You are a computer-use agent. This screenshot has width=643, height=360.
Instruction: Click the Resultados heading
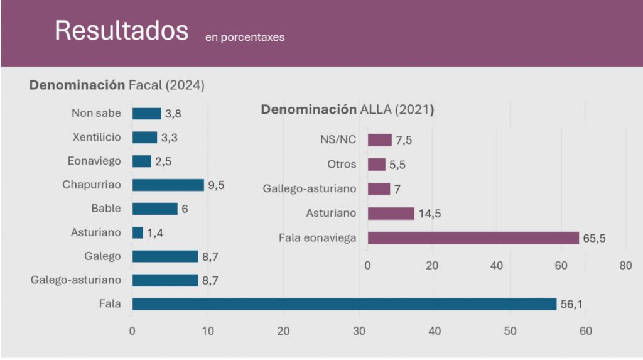pyautogui.click(x=121, y=31)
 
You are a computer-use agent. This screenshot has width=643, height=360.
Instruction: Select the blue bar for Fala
pyautogui.click(x=344, y=304)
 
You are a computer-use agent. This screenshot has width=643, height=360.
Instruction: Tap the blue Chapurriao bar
pyautogui.click(x=168, y=185)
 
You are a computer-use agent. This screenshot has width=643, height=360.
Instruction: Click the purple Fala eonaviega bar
pyautogui.click(x=473, y=238)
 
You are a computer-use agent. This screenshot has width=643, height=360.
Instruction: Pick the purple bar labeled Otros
pyautogui.click(x=376, y=165)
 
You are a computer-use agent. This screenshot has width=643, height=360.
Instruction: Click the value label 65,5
pyautogui.click(x=593, y=238)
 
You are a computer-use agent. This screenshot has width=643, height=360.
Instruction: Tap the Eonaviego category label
pyautogui.click(x=94, y=161)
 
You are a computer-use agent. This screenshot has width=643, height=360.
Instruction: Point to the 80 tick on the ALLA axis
pyautogui.click(x=625, y=266)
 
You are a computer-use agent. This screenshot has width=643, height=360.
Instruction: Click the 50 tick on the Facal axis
pyautogui.click(x=511, y=330)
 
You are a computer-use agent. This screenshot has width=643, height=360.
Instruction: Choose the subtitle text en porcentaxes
pyautogui.click(x=244, y=37)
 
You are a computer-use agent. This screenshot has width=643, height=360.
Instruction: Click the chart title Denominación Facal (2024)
pyautogui.click(x=117, y=85)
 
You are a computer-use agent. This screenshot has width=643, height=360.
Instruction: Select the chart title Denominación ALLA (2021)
pyautogui.click(x=347, y=110)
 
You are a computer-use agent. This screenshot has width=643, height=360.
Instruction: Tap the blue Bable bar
pyautogui.click(x=154, y=209)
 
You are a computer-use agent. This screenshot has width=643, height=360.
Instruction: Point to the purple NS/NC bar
pyautogui.click(x=379, y=140)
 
